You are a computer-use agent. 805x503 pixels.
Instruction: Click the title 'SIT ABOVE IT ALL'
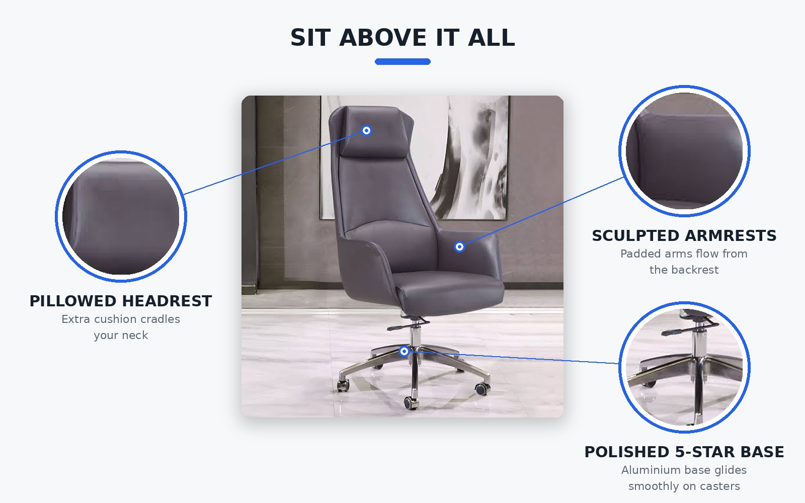point(403,38)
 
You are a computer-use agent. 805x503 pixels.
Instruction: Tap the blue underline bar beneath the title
point(403,62)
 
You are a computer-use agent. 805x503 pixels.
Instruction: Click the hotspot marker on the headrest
point(367,130)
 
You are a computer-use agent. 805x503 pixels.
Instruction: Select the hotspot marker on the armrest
point(459,247)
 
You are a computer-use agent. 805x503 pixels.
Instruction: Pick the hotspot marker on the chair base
point(405,351)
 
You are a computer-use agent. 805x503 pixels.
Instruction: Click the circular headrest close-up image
point(121,216)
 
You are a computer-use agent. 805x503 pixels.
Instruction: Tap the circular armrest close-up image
point(684,151)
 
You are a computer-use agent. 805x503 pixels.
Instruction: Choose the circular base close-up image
point(684,367)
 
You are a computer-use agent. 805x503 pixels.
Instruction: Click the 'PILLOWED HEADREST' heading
point(121,301)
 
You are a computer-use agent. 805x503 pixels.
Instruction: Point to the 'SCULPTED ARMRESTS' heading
point(684,236)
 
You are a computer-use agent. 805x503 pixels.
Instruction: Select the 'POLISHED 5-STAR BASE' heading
point(684,452)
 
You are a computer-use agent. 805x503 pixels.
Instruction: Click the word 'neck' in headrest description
point(136,335)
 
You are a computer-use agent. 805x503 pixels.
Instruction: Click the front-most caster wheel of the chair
point(411,403)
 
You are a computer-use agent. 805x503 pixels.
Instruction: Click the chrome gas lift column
point(416,336)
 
